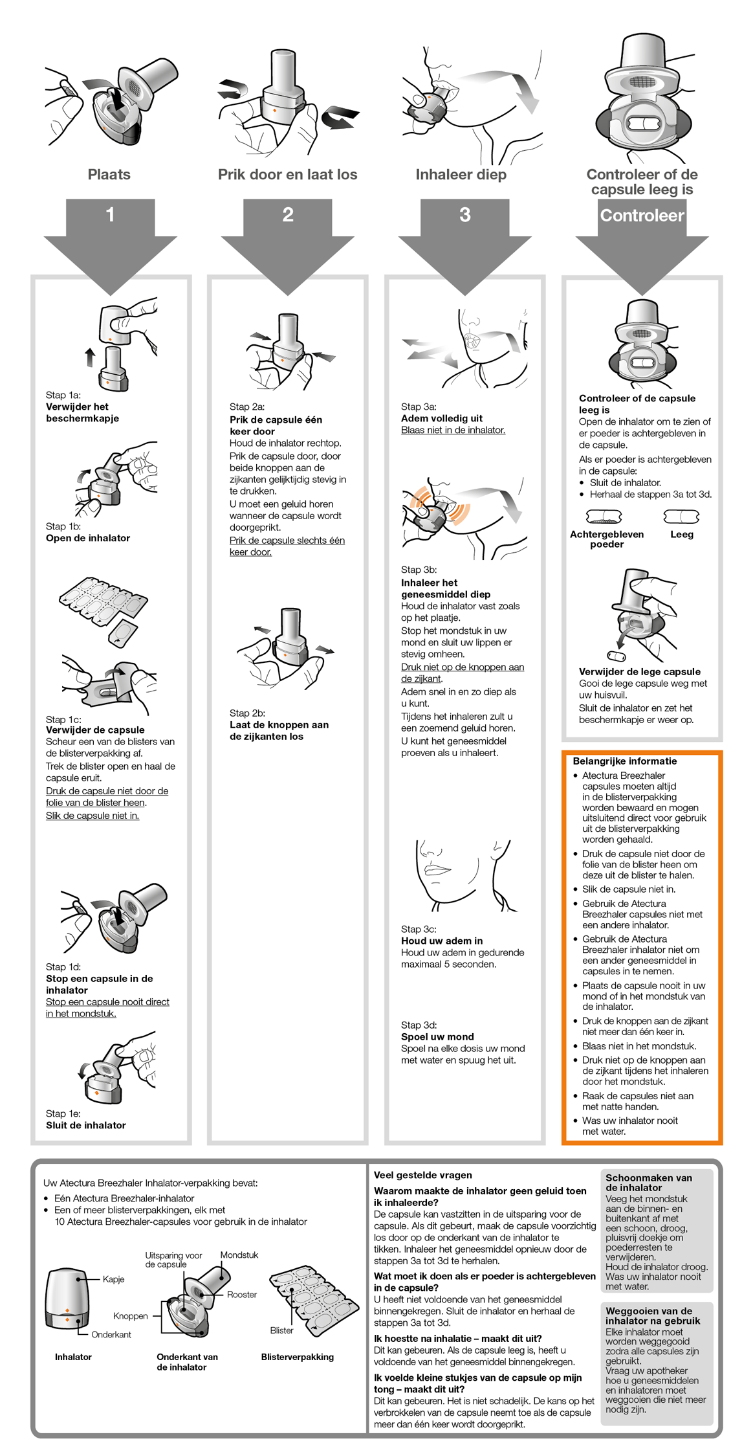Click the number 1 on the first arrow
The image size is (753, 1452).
point(110,214)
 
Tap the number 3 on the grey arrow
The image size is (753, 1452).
point(464,215)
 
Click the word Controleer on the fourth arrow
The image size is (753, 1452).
point(642,216)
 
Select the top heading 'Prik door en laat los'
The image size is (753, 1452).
point(287,174)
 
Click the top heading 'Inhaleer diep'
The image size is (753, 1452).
point(461,174)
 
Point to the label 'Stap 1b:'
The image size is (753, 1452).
point(63,526)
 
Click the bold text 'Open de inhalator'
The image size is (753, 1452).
point(88,538)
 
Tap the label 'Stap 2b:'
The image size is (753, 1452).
point(247,713)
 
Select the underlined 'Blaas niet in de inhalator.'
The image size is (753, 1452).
point(453,430)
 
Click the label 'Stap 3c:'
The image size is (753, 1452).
point(419,929)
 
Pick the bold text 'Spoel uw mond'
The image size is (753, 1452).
point(437,1036)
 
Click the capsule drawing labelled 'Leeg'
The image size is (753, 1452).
point(681,517)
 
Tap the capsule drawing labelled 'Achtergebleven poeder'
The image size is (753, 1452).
point(604,517)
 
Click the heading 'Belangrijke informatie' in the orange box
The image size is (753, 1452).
point(624,761)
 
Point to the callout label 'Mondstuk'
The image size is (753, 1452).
point(239,1255)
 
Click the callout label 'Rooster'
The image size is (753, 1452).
point(241,1294)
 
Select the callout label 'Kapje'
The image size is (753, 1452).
point(113,1279)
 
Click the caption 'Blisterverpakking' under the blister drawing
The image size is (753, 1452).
point(297,1357)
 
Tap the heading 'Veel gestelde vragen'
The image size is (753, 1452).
point(422,1175)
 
